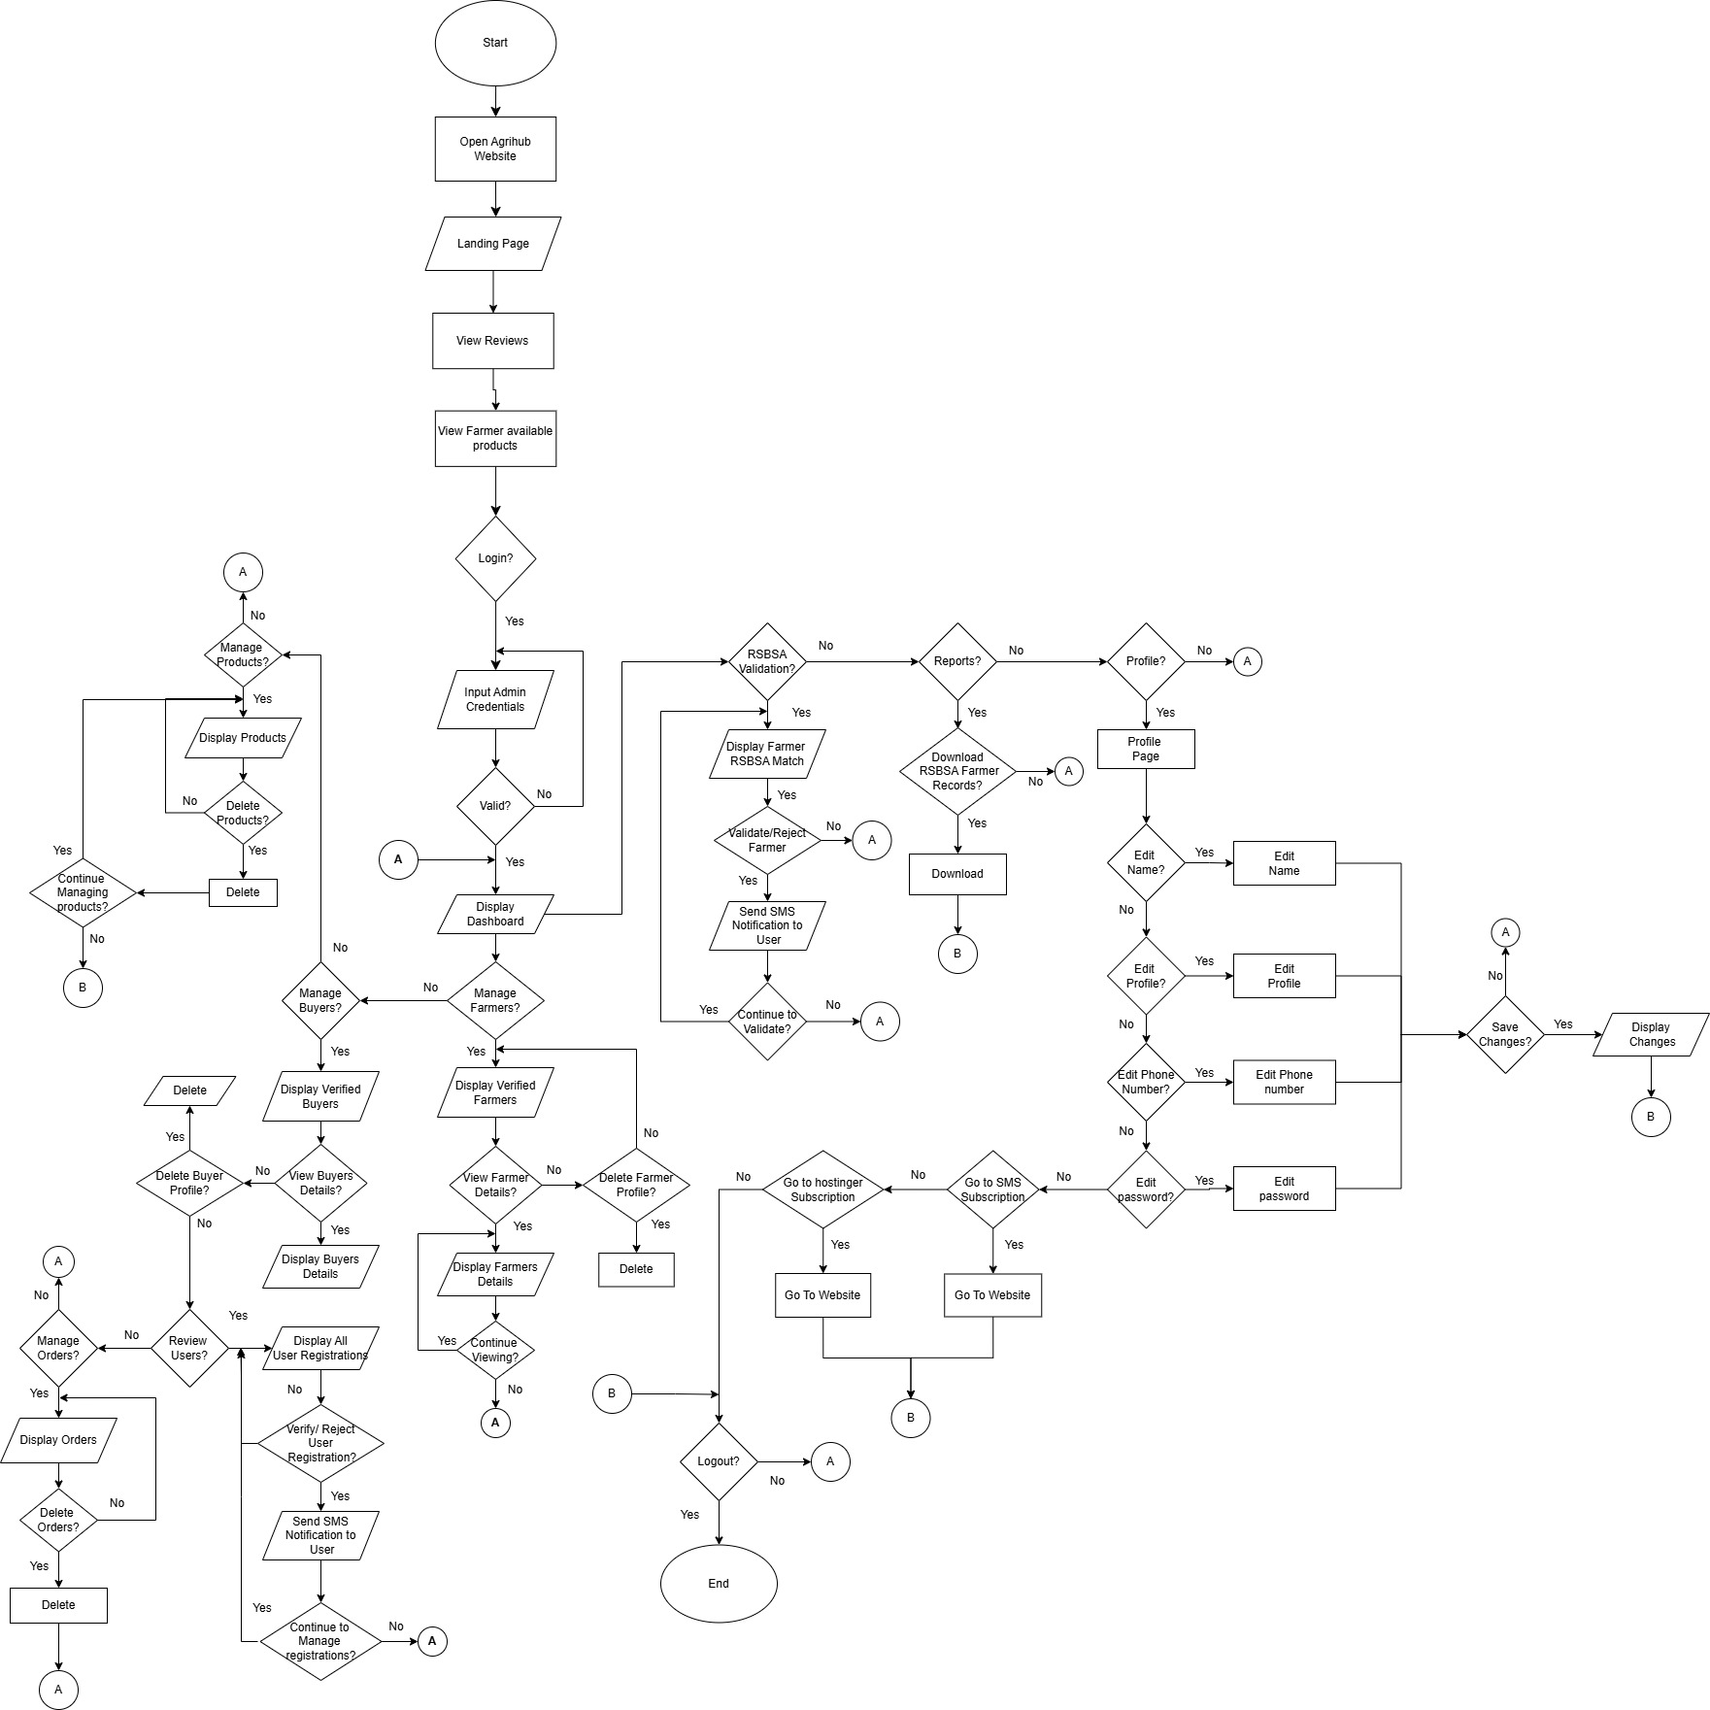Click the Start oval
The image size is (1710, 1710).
[495, 43]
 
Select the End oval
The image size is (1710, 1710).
[719, 1583]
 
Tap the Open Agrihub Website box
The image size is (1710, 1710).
[495, 149]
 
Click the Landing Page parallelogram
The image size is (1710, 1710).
[493, 244]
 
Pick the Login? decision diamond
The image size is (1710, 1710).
[495, 558]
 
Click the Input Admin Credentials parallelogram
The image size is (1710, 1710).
[495, 699]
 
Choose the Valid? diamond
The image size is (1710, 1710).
[495, 806]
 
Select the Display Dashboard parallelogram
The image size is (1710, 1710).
[495, 914]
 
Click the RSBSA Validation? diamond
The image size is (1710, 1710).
[767, 661]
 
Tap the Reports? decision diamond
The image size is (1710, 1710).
[957, 661]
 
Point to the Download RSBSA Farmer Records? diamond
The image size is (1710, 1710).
[957, 771]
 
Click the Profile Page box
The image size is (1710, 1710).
[1146, 749]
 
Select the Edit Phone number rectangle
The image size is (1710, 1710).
[1284, 1082]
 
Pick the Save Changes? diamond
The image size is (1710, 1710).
[1505, 1034]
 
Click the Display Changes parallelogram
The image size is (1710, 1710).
[1651, 1034]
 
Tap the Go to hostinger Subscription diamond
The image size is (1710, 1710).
[822, 1190]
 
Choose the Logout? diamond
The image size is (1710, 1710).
[719, 1461]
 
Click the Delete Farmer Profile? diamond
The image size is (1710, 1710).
[636, 1185]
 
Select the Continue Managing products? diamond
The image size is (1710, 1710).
[83, 892]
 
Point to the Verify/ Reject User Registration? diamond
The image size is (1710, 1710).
[320, 1443]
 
